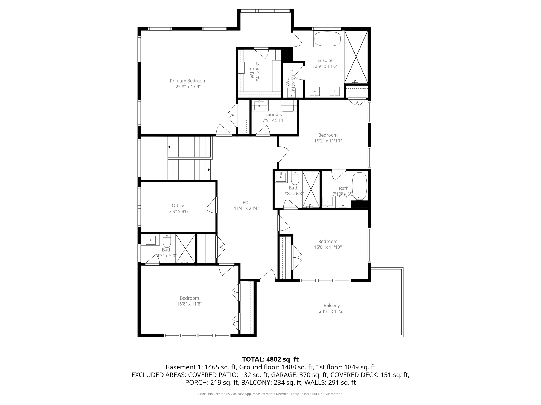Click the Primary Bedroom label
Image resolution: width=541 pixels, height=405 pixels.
click(188, 81)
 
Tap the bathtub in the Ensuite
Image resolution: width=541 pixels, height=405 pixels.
click(327, 39)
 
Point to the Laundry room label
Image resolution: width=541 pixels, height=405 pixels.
click(274, 115)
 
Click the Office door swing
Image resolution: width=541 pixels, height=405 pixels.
click(211, 205)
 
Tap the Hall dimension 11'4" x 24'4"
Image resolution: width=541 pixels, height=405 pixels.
click(246, 208)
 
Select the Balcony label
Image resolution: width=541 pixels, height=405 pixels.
click(332, 305)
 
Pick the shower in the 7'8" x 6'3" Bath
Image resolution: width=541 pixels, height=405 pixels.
click(311, 189)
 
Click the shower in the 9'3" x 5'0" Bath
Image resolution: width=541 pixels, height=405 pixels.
click(185, 249)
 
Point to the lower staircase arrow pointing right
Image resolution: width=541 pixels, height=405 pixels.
click(209, 170)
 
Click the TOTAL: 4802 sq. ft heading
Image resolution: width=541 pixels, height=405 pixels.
click(270, 359)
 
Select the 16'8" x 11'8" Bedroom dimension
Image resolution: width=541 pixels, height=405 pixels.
click(189, 304)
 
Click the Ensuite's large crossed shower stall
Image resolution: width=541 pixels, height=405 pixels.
click(356, 56)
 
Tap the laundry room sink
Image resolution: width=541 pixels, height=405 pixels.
click(259, 105)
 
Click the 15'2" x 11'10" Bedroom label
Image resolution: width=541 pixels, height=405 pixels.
click(328, 135)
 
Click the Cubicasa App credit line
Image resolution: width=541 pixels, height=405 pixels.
click(270, 394)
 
